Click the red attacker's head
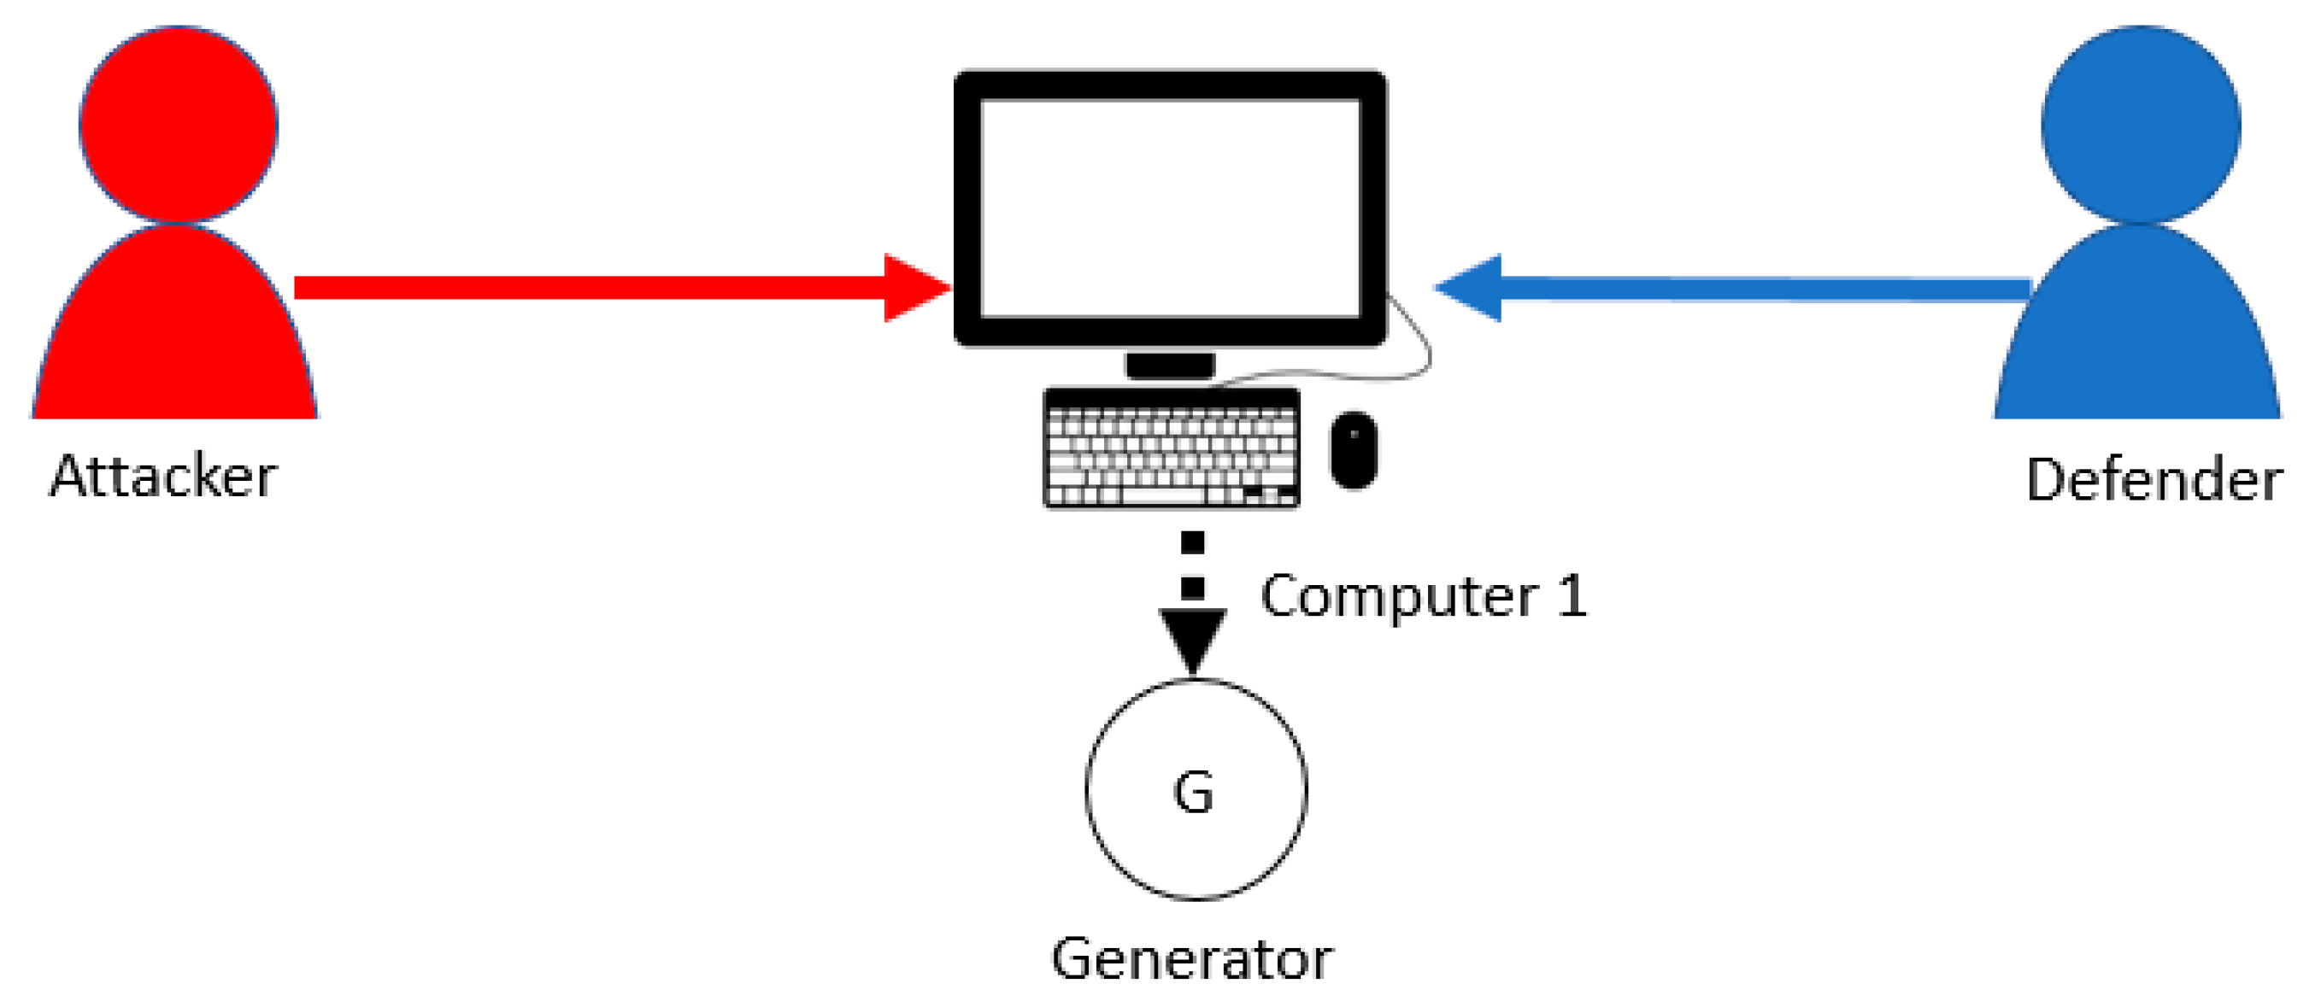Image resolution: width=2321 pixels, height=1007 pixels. pyautogui.click(x=179, y=125)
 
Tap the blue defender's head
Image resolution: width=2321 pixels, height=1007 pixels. pyautogui.click(x=2141, y=125)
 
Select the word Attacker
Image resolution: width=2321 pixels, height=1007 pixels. pyautogui.click(x=163, y=477)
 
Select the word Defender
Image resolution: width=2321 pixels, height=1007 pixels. pyautogui.click(x=2154, y=480)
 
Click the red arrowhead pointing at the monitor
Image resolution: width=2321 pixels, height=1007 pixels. pyautogui.click(x=914, y=288)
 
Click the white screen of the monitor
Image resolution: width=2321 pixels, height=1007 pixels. pyautogui.click(x=1170, y=208)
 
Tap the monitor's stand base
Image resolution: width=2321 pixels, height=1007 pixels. pyautogui.click(x=1170, y=366)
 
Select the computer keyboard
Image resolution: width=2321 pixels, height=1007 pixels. pyautogui.click(x=1172, y=448)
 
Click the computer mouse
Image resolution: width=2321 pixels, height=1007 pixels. pyautogui.click(x=1354, y=449)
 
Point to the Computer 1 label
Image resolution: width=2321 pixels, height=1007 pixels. pyautogui.click(x=1424, y=596)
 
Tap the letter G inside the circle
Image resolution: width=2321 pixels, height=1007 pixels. pyautogui.click(x=1194, y=793)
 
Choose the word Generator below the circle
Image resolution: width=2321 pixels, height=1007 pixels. pyautogui.click(x=1192, y=959)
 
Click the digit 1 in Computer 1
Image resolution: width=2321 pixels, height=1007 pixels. pyautogui.click(x=1572, y=596)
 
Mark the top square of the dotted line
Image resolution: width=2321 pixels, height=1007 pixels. pyautogui.click(x=1193, y=542)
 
